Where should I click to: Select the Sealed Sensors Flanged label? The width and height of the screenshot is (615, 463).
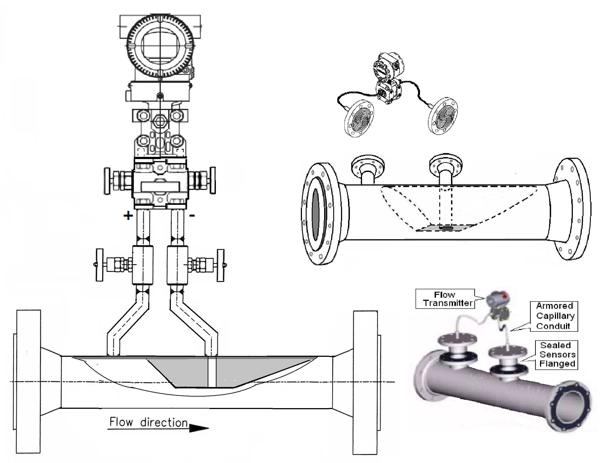[557, 355]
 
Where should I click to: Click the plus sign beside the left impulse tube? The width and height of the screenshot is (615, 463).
[128, 216]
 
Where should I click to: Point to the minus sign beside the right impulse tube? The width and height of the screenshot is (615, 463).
[192, 215]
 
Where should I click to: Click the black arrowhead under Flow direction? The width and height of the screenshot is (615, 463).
[199, 428]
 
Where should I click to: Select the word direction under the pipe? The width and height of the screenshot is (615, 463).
[164, 423]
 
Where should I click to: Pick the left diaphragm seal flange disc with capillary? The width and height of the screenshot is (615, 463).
[359, 118]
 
